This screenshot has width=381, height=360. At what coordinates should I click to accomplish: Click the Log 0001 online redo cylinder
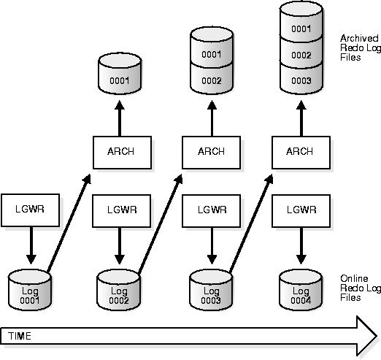point(30,290)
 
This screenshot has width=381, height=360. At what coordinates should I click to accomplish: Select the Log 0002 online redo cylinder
point(118,290)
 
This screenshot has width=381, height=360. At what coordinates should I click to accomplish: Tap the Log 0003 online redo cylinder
point(211,290)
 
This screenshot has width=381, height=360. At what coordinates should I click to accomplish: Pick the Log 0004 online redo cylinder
point(301,290)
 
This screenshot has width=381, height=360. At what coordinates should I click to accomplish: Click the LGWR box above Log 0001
point(30,210)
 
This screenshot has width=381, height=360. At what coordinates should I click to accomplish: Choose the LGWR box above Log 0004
point(301,211)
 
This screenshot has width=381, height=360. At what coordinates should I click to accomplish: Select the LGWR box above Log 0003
point(212,211)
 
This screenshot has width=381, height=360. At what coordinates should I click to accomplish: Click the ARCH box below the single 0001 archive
point(122,153)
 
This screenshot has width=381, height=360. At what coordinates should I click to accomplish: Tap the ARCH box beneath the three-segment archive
point(301,153)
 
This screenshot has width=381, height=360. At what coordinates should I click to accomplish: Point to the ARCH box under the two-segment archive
point(212,153)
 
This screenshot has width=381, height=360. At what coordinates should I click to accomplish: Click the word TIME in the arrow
point(20,336)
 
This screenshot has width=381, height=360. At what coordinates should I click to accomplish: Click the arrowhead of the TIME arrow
point(367,336)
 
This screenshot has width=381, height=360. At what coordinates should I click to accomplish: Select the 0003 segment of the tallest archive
point(301,79)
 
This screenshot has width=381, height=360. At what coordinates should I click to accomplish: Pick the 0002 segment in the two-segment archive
point(212,79)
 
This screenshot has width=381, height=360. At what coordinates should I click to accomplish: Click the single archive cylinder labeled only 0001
point(120,74)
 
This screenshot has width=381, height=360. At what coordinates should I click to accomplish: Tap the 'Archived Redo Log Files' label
point(361,47)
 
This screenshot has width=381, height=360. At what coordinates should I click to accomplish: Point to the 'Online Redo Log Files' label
point(361,288)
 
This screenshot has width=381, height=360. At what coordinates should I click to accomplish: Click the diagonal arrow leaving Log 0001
point(69,223)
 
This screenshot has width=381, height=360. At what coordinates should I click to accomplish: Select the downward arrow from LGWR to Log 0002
point(120,245)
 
